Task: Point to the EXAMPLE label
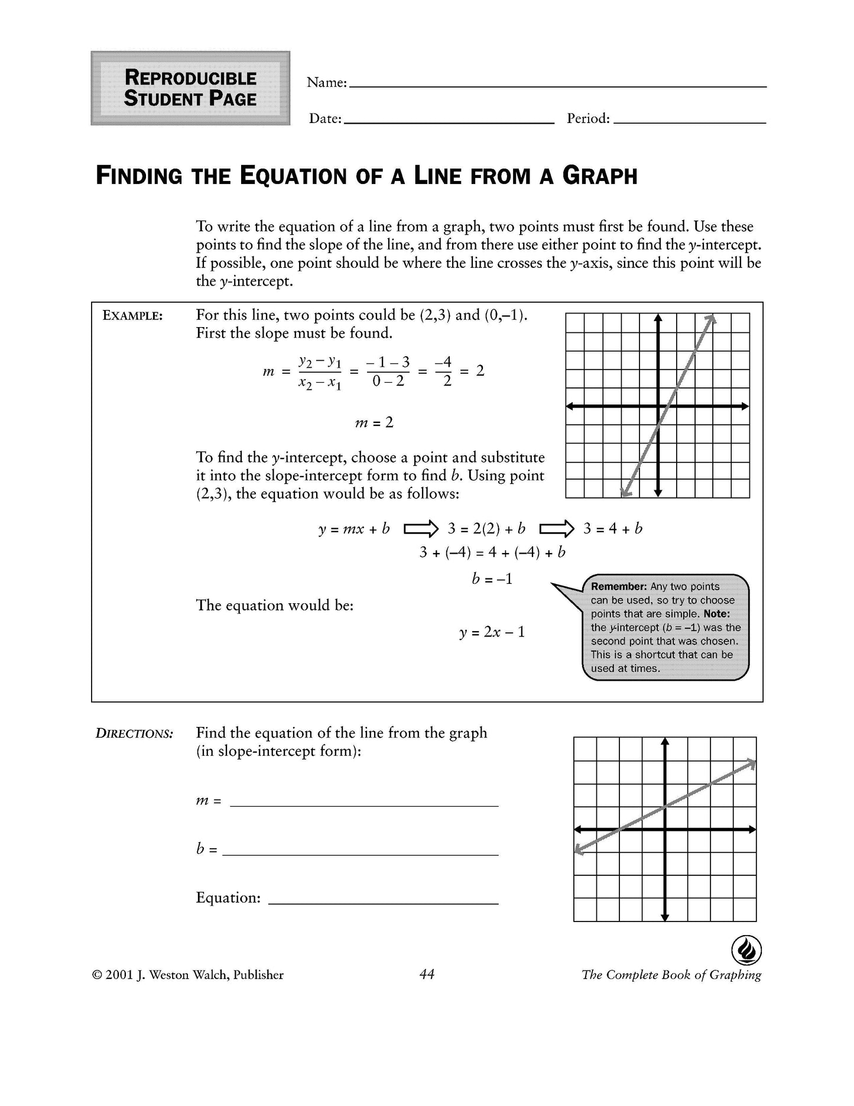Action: (132, 316)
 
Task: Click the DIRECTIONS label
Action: (135, 734)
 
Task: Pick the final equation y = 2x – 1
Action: (492, 632)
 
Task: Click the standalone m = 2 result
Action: (374, 423)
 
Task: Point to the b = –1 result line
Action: (492, 578)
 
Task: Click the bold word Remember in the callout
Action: (618, 587)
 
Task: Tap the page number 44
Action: (427, 974)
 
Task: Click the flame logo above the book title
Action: (746, 950)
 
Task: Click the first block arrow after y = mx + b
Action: (421, 528)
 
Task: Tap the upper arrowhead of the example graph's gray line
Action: (712, 319)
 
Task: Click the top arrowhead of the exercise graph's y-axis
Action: (665, 742)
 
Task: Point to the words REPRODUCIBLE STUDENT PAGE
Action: (190, 88)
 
